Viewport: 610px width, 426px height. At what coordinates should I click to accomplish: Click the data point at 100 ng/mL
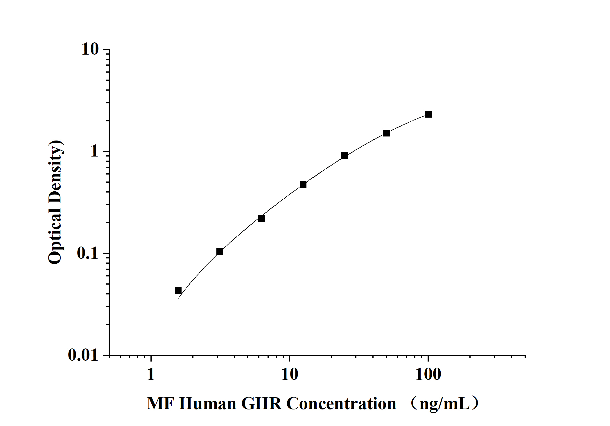coord(428,114)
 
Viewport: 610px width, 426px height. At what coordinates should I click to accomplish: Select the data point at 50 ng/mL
coord(386,133)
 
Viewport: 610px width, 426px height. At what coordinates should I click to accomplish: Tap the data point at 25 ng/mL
coord(345,156)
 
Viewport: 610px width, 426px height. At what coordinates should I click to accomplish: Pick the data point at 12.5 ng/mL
coord(303,184)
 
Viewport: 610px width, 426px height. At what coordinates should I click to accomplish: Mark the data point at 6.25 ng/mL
coord(261,219)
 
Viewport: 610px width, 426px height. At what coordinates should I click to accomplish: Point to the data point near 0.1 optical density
coord(220,251)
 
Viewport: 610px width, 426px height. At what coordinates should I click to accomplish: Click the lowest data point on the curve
coord(178,291)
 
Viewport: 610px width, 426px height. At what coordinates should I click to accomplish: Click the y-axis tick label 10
coord(90,49)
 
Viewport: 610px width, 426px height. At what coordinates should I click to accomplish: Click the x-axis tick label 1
coord(150,374)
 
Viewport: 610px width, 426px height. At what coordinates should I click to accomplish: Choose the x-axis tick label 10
coord(290,374)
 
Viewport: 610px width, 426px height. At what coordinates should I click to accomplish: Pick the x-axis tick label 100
coord(428,374)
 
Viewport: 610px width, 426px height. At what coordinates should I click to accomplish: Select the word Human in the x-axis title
coord(207,404)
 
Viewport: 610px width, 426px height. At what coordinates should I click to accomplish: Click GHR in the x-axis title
coord(261,404)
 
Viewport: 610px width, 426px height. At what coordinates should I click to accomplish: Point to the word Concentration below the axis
coord(341,404)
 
